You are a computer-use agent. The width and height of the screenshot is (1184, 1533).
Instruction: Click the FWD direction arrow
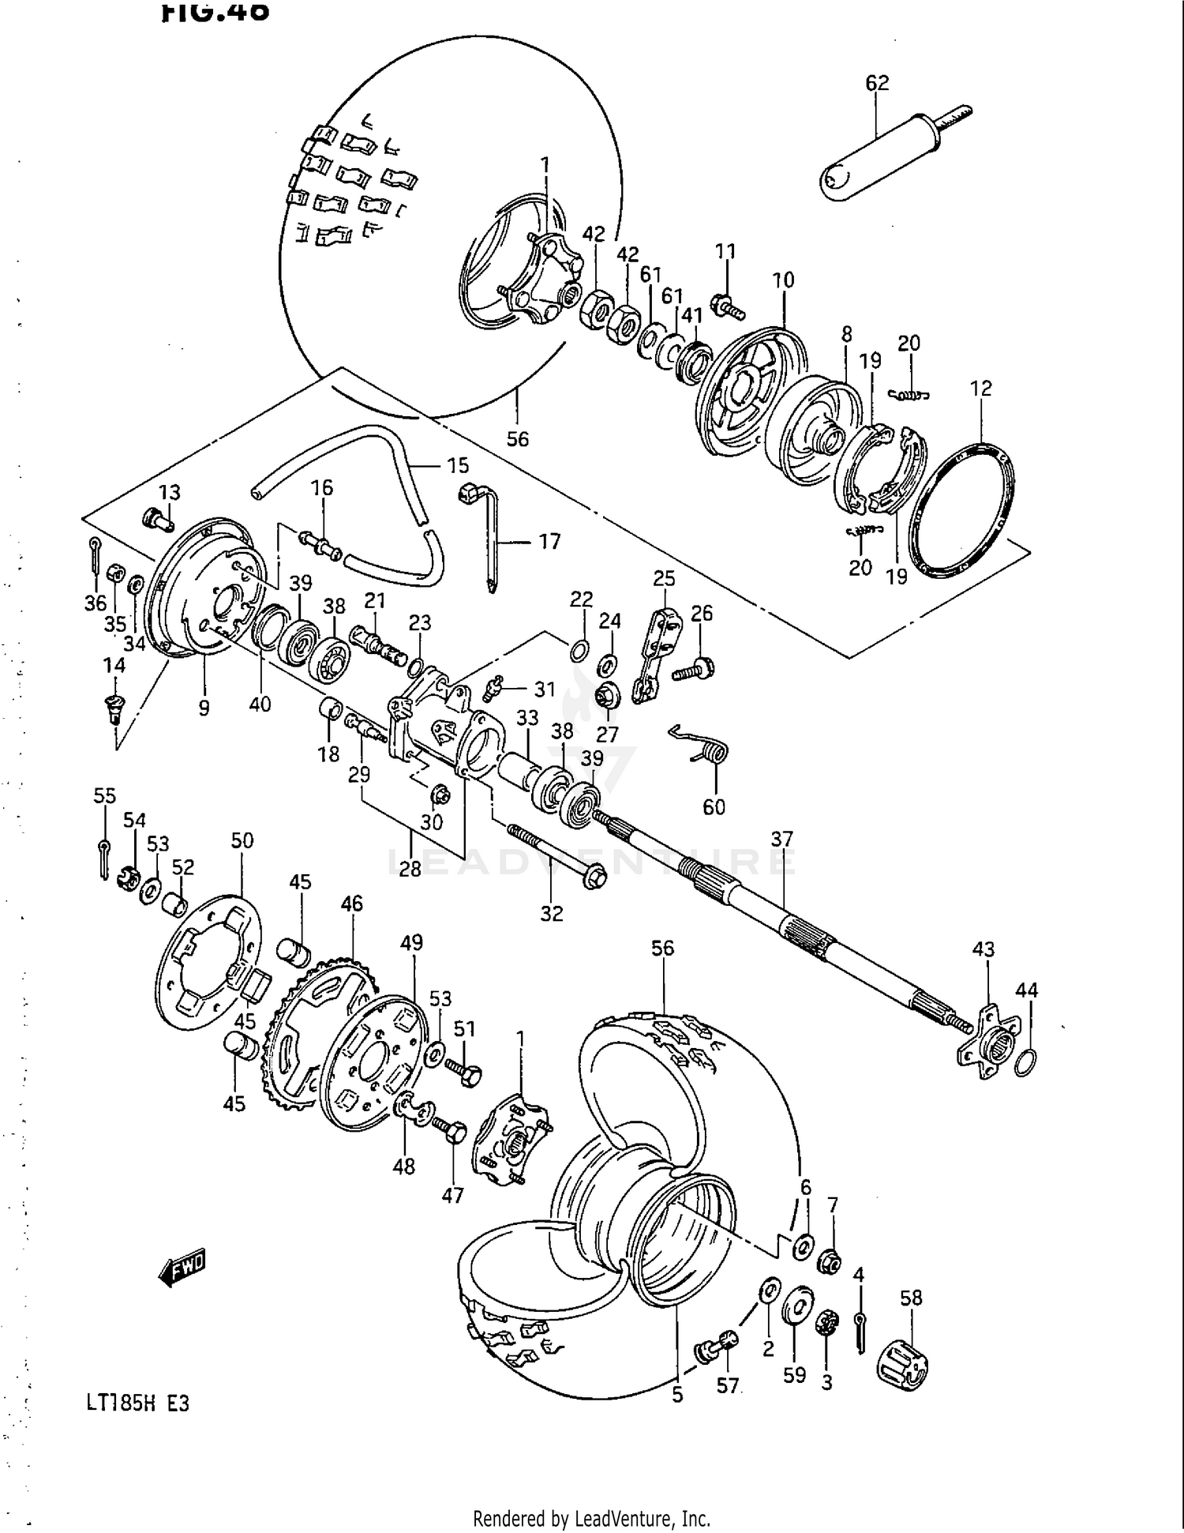coord(182,1267)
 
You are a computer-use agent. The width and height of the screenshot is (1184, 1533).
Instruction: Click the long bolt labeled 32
coord(553,852)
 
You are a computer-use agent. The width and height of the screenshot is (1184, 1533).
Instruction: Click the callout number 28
coord(410,869)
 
